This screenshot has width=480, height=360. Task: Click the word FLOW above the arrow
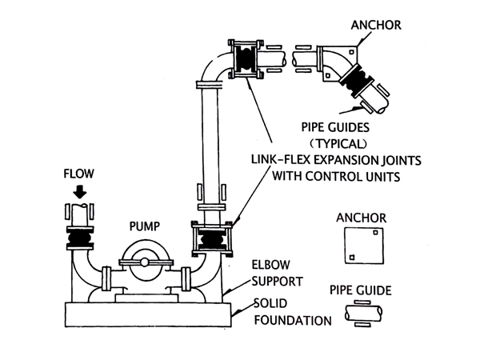pos(78,172)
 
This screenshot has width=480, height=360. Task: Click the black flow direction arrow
pos(78,190)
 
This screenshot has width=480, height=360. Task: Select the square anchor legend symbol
pos(361,245)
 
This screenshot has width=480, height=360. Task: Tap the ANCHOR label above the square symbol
pos(362,217)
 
